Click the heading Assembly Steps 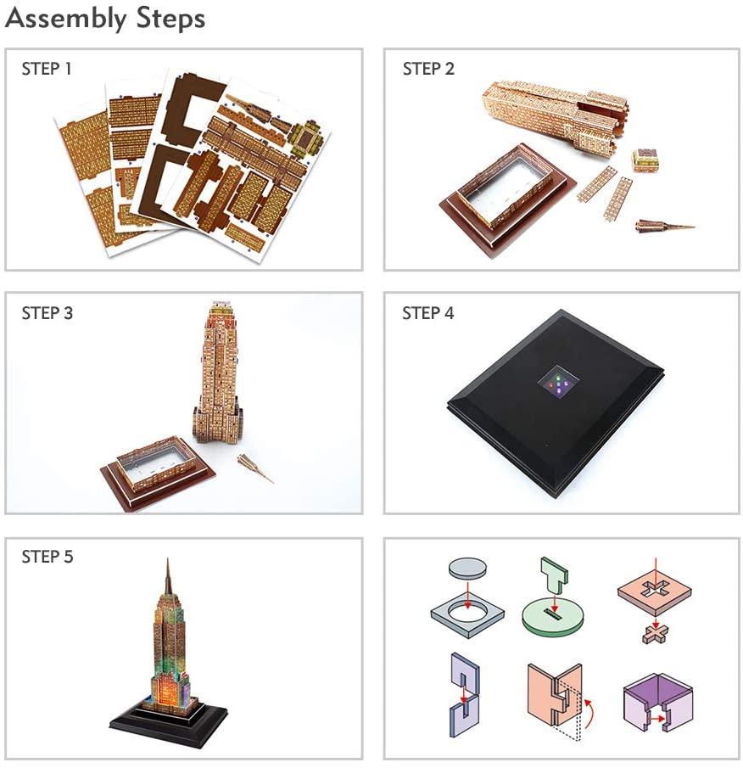click(106, 19)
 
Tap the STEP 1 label click(47, 69)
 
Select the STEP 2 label click(428, 69)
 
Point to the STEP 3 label click(47, 313)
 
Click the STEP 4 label click(428, 313)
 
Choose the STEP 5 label click(47, 557)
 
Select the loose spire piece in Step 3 click(256, 468)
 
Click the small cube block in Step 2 click(646, 160)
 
